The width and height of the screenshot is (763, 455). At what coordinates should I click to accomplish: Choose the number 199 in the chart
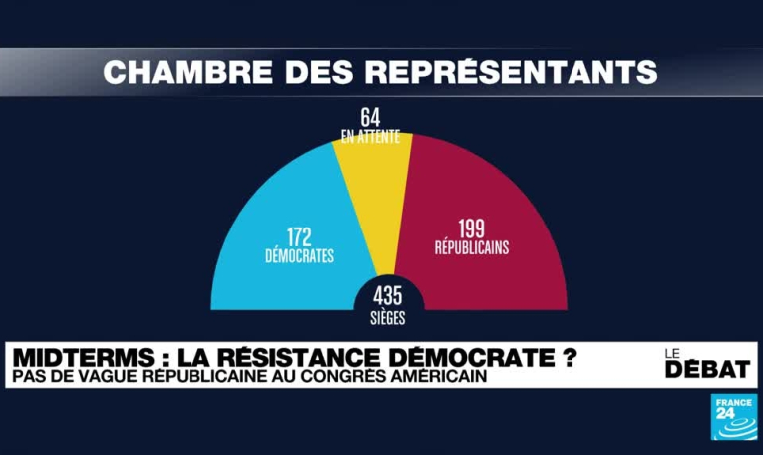tap(471, 228)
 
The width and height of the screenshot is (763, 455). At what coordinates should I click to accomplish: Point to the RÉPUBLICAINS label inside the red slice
tap(471, 248)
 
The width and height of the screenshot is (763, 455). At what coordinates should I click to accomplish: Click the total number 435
tap(389, 296)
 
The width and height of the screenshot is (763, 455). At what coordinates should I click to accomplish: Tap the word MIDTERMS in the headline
tap(71, 357)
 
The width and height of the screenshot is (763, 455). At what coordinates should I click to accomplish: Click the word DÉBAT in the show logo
tap(707, 369)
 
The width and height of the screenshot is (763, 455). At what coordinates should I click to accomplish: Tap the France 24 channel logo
tap(733, 416)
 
